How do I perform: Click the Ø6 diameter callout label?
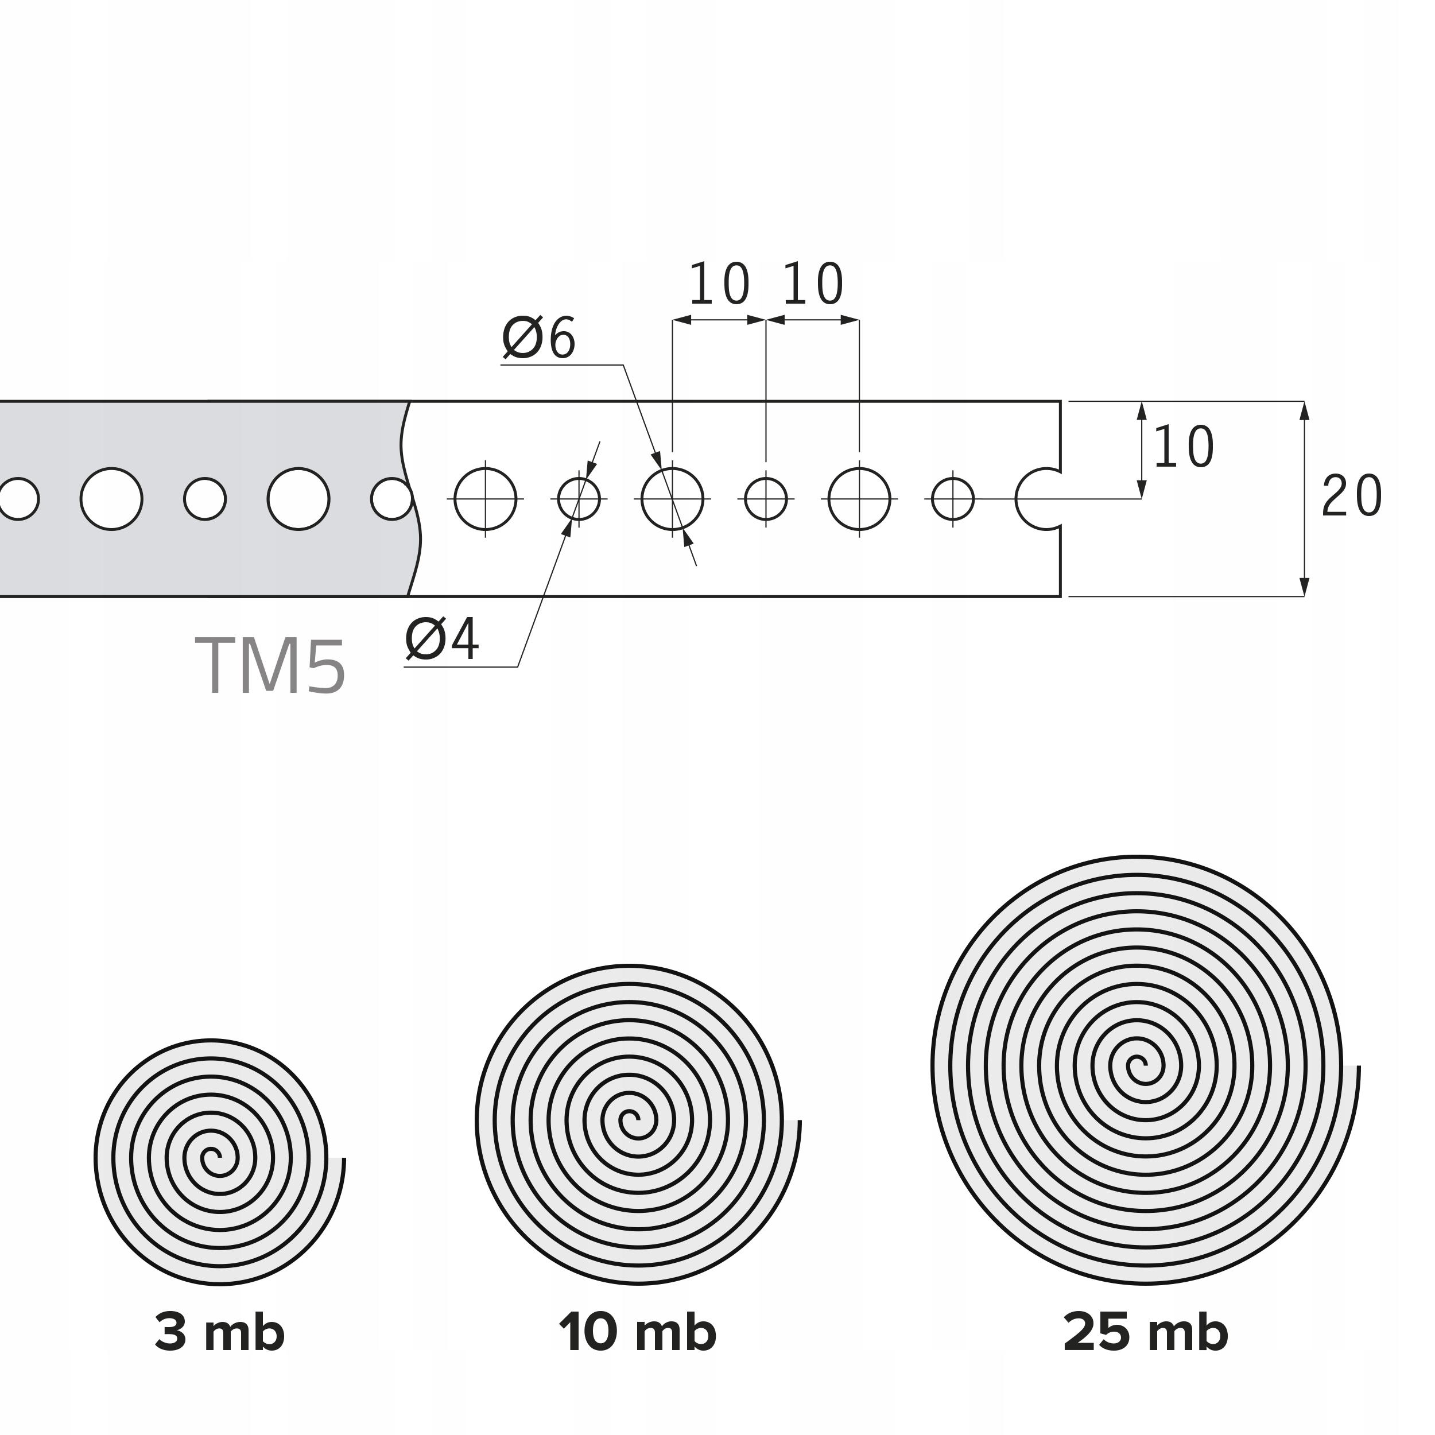click(539, 339)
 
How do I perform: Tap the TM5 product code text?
click(271, 667)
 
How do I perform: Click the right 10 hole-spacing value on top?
click(813, 285)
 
